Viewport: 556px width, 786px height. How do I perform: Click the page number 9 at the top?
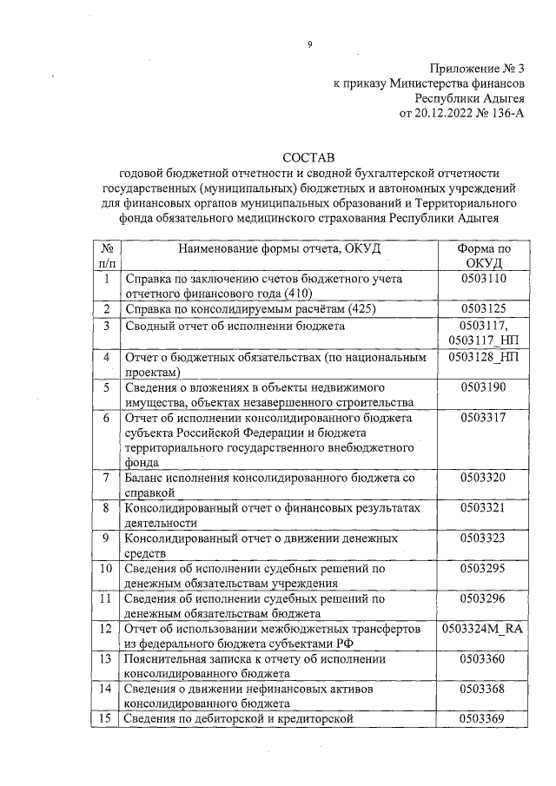coord(308,46)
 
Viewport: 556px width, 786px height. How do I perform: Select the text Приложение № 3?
coord(477,68)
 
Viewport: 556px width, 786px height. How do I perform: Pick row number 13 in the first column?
coord(105,658)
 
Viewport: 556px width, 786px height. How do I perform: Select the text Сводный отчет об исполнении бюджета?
coord(235,327)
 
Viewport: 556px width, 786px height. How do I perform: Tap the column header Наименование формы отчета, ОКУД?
coord(279,248)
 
